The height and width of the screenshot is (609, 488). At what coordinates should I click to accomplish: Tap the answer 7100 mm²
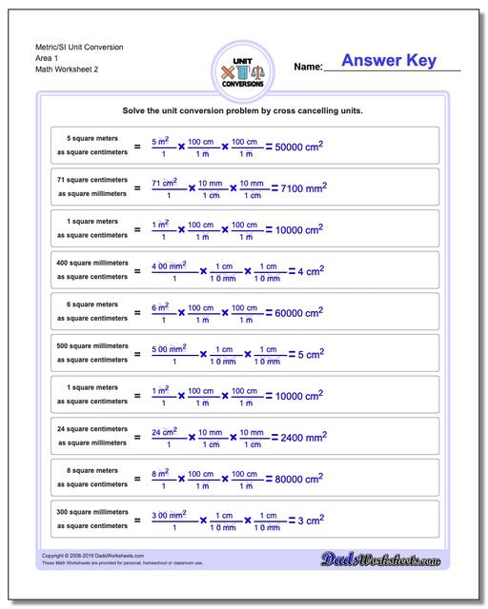click(x=297, y=188)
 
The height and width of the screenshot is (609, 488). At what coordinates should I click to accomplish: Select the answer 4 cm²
click(x=311, y=272)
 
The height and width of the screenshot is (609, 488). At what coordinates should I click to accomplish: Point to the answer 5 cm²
click(x=311, y=356)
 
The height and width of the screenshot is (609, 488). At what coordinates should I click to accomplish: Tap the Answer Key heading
click(x=389, y=61)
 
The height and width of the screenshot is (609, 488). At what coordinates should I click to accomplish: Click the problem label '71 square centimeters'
click(x=91, y=180)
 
